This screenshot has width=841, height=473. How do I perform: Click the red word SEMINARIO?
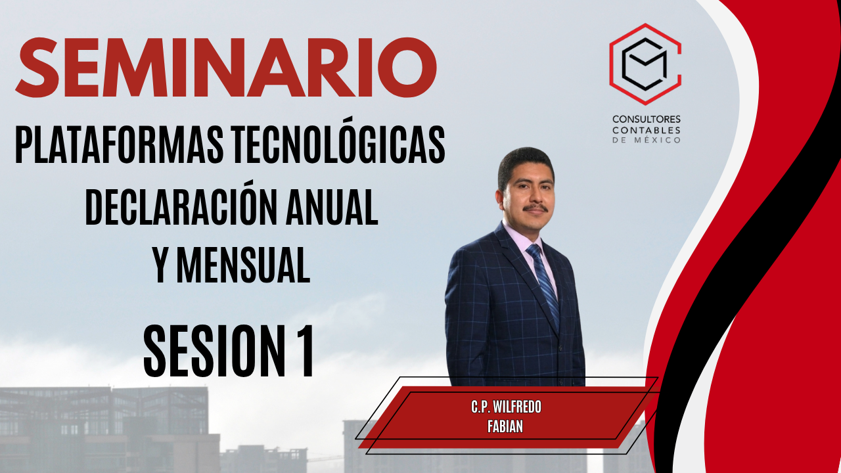click(x=226, y=68)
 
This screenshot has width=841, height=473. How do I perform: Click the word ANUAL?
click(x=332, y=207)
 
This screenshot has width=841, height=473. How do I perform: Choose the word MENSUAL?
click(x=243, y=265)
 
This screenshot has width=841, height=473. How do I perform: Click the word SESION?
click(x=212, y=351)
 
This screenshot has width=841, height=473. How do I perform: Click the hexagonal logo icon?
click(x=645, y=64)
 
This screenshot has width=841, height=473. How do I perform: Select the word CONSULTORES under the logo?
click(x=647, y=120)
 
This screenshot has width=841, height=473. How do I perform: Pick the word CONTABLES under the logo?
click(x=647, y=130)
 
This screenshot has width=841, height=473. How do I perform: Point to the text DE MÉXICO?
click(x=647, y=141)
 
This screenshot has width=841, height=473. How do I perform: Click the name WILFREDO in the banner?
click(x=517, y=407)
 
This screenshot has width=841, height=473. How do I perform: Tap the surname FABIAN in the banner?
click(x=505, y=426)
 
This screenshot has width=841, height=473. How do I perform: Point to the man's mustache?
click(x=535, y=207)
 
